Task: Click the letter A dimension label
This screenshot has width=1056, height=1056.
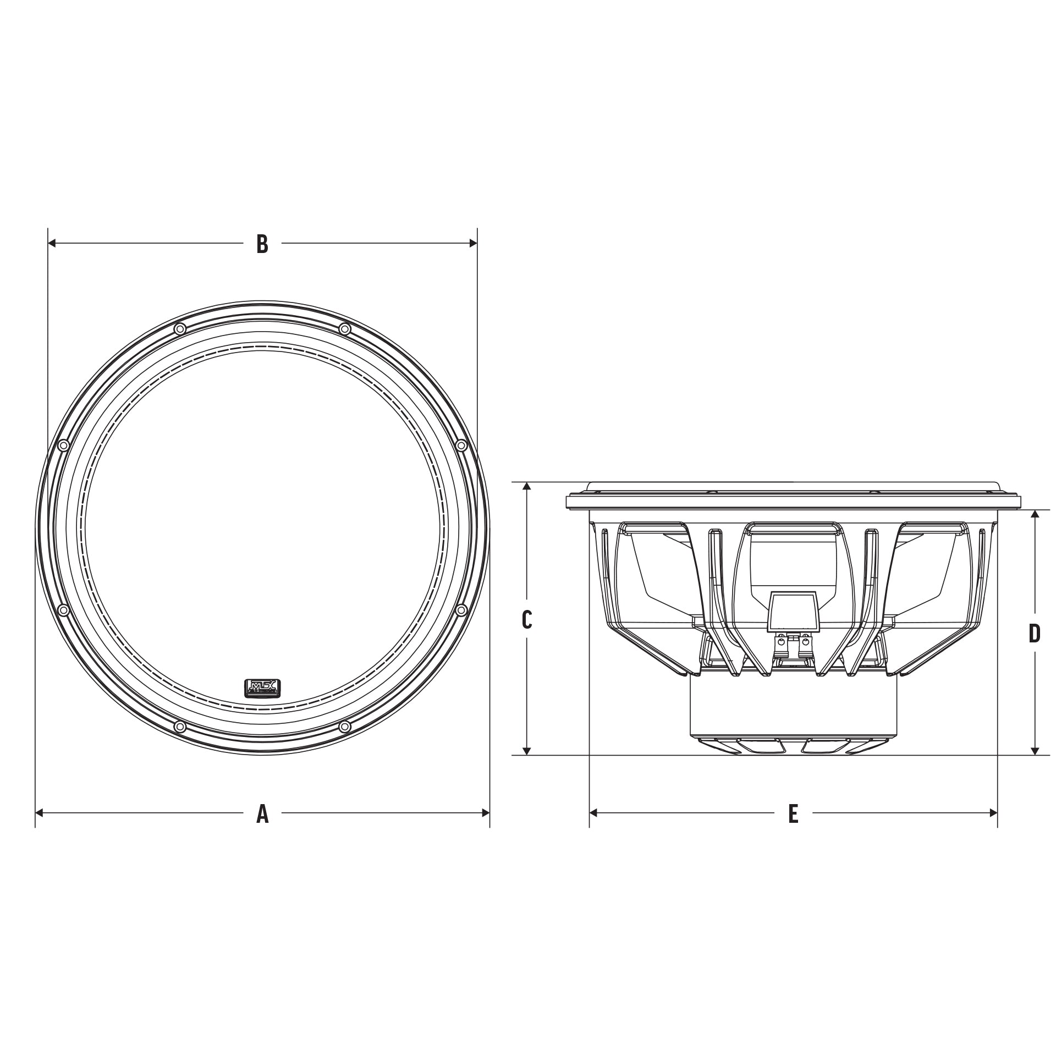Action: (x=262, y=813)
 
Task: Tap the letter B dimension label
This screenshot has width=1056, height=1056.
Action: (x=262, y=244)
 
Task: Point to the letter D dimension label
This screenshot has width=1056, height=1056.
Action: (x=1035, y=634)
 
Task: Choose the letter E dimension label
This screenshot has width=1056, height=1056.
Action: (x=793, y=813)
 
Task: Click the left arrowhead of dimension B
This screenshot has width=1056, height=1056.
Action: (x=53, y=243)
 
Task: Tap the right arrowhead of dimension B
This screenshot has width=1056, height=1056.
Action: (x=472, y=243)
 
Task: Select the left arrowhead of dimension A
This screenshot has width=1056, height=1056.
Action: (x=40, y=812)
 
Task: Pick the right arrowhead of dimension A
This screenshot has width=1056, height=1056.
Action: (x=485, y=812)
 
